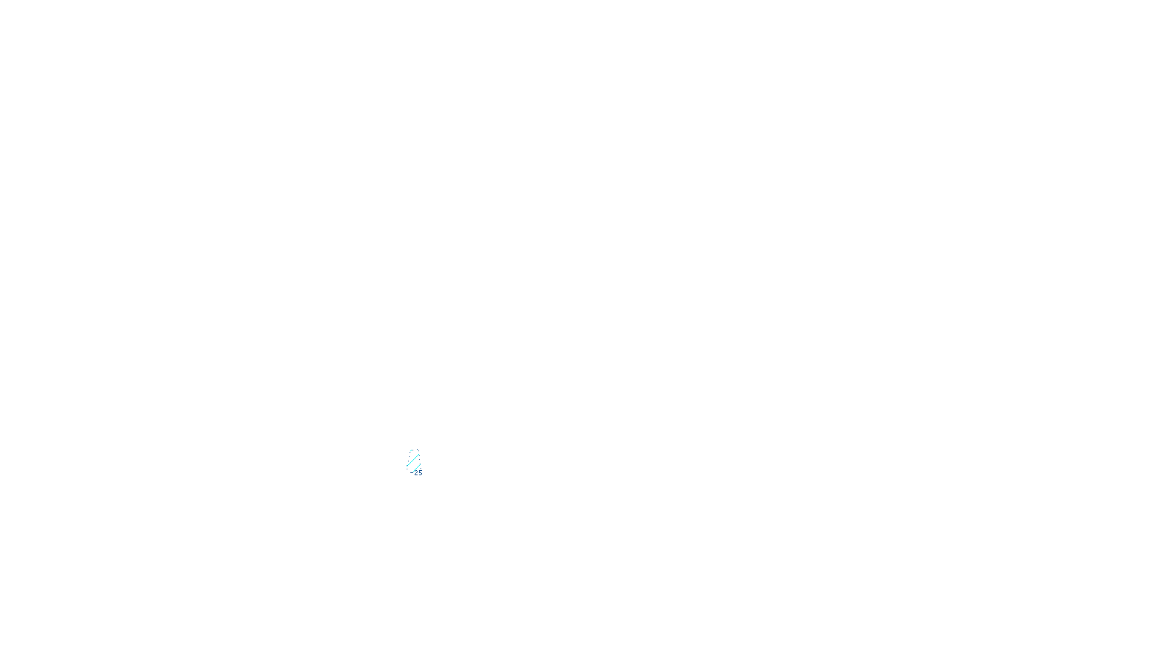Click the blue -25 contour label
coord(418,473)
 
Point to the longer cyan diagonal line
coord(413,460)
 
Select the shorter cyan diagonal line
coord(417,467)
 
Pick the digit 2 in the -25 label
coord(416,473)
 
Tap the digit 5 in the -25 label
coord(420,473)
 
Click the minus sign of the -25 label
coord(412,473)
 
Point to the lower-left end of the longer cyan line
coord(407,467)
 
